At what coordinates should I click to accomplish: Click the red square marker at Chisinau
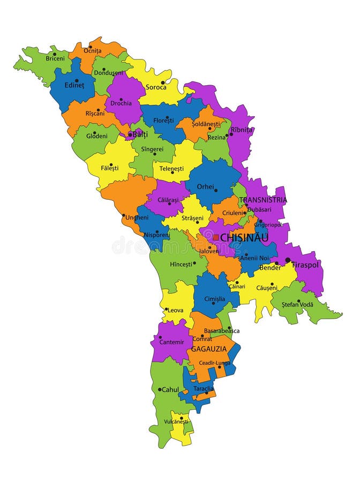(x=215, y=237)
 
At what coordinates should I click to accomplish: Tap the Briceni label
(x=55, y=58)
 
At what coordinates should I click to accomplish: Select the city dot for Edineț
(x=77, y=81)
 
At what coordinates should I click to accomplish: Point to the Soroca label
(x=156, y=87)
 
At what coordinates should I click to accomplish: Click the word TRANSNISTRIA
(x=263, y=200)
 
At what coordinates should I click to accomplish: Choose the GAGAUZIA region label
(x=209, y=349)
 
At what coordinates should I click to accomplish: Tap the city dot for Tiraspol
(x=288, y=260)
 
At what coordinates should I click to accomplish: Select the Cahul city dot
(x=160, y=389)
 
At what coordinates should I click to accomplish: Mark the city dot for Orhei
(x=216, y=190)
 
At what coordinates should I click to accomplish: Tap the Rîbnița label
(x=242, y=130)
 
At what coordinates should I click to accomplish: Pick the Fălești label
(x=110, y=168)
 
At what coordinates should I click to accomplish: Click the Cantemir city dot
(x=160, y=337)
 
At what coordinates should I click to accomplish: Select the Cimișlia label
(x=214, y=299)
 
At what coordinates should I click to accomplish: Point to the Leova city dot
(x=167, y=310)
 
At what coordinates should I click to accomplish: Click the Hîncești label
(x=181, y=264)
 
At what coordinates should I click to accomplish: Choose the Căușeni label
(x=267, y=288)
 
